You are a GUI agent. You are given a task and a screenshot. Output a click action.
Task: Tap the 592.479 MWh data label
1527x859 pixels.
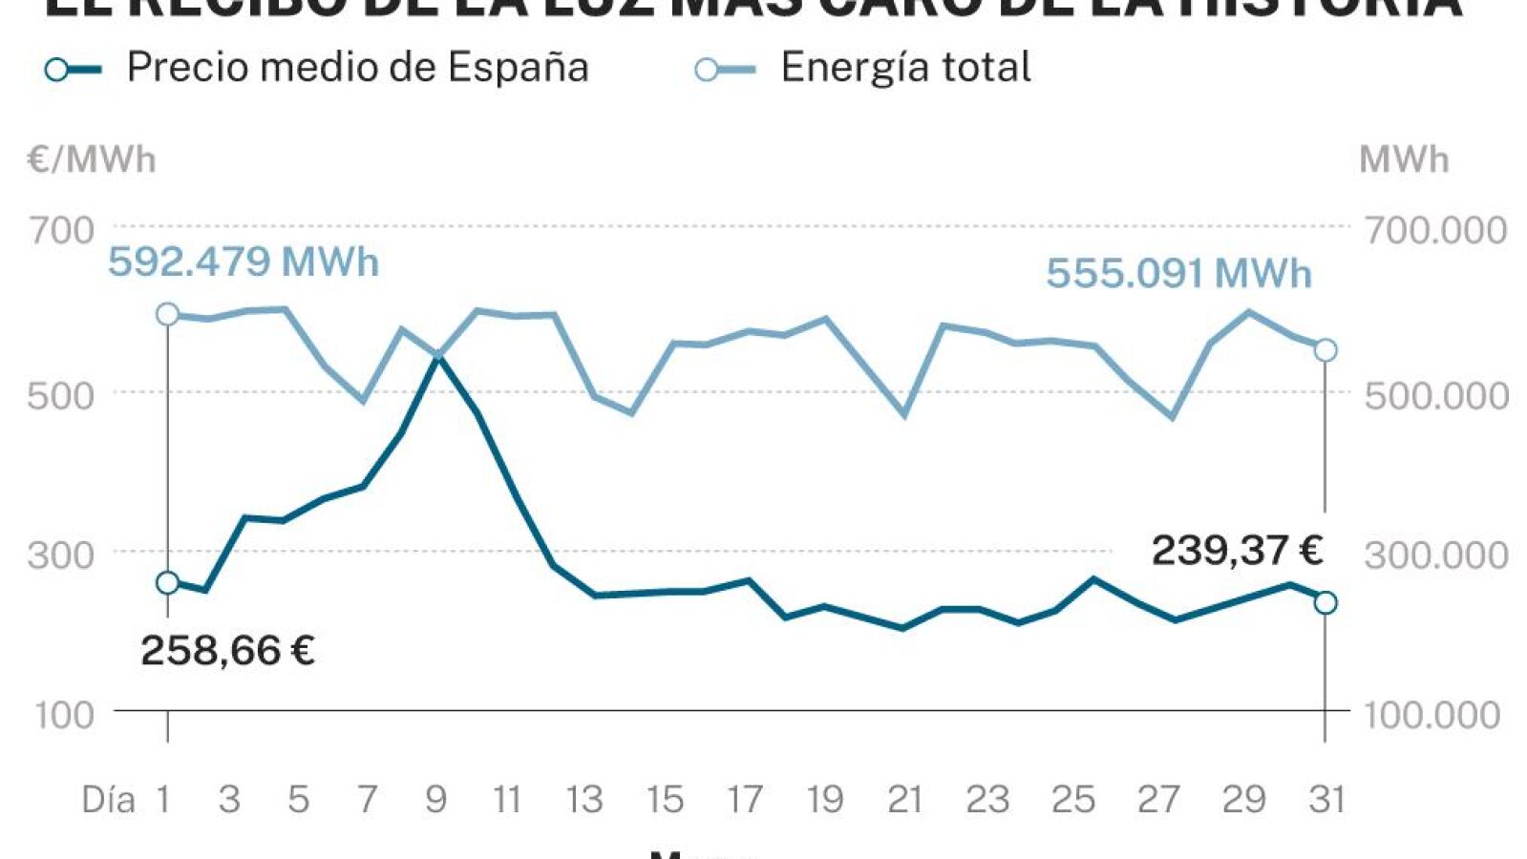244,262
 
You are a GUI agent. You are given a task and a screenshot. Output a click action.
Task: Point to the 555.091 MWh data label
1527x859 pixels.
1178,274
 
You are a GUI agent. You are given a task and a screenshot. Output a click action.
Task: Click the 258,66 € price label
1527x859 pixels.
227,651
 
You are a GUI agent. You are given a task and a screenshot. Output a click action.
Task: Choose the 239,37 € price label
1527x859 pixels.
1237,551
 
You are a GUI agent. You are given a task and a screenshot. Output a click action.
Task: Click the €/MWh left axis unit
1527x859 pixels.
92,159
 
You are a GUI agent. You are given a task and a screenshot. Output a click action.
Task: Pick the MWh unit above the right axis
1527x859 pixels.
1404,159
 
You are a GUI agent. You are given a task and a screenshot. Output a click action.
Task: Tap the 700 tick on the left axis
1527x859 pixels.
61,230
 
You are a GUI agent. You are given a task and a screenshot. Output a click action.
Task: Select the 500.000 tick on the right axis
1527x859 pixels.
1435,395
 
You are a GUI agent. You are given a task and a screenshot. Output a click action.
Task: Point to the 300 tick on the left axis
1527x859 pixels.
61,555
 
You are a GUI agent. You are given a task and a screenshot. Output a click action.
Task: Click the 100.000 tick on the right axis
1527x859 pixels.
1432,715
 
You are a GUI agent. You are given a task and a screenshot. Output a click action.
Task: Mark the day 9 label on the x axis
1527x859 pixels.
436,799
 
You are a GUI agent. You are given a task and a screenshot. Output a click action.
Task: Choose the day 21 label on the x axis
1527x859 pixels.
904,799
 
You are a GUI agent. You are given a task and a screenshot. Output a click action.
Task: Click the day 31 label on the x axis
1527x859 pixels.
1327,799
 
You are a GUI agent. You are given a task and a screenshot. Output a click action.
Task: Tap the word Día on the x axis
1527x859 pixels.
108,799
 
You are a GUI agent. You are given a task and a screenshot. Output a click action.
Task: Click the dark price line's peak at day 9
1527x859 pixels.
438,358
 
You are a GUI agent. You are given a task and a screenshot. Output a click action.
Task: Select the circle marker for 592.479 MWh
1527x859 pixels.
167,314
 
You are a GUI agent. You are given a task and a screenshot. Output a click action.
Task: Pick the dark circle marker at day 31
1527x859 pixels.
1325,602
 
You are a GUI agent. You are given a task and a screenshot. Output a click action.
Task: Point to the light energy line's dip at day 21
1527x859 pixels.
903,414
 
